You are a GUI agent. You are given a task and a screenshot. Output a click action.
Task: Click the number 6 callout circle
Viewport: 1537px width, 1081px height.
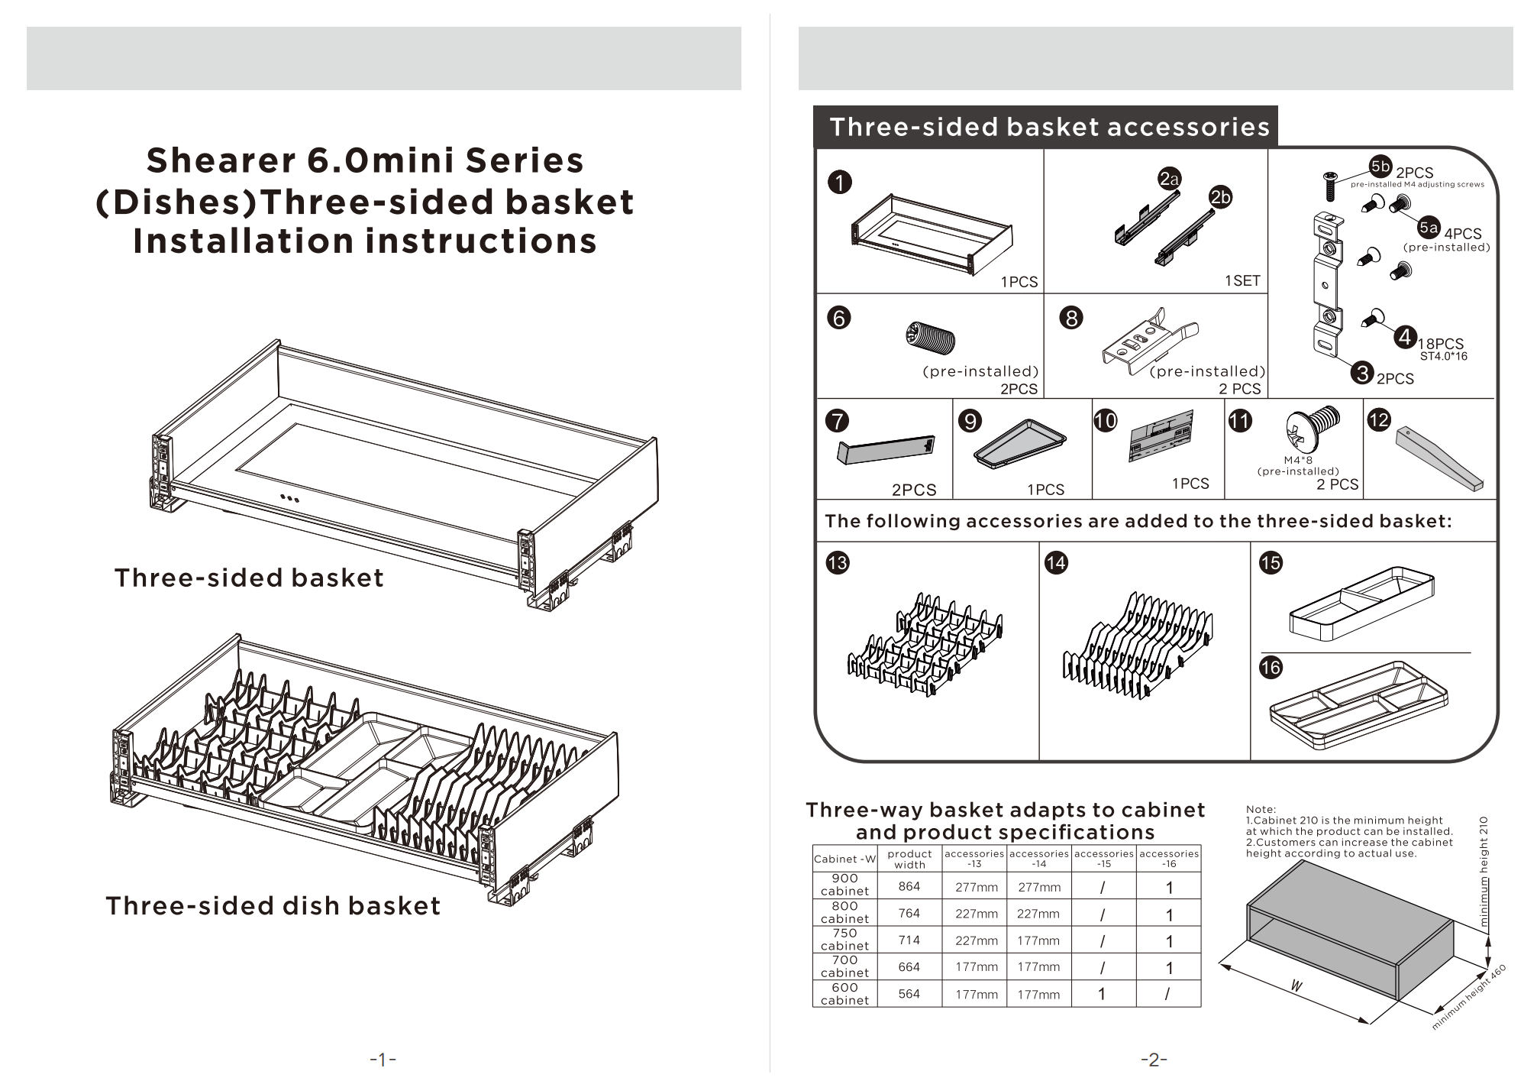(838, 318)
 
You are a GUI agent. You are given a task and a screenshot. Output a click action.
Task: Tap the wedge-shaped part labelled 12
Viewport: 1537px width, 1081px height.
(1439, 460)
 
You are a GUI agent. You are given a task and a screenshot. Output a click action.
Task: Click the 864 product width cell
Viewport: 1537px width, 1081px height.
(909, 886)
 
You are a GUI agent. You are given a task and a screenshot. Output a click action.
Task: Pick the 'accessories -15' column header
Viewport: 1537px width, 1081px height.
(1103, 859)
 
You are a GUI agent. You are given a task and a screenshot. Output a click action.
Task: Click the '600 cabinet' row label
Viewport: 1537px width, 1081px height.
(844, 994)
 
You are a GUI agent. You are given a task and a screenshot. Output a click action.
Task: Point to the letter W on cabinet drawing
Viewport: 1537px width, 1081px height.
(1296, 986)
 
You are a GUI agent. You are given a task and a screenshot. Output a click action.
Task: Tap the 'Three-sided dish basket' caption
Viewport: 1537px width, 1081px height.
(273, 906)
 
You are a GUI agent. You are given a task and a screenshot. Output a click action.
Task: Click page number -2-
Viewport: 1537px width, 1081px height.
(1154, 1060)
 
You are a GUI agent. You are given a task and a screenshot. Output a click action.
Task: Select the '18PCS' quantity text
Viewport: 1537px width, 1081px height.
(1441, 344)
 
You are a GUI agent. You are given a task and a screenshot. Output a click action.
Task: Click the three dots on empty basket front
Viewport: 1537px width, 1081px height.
(289, 499)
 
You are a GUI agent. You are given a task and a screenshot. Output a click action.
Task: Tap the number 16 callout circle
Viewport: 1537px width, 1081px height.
(1271, 668)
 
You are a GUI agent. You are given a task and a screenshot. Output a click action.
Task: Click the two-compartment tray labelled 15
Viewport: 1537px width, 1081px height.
(1361, 603)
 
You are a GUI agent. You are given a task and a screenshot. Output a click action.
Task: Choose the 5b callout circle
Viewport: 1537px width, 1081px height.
(1380, 167)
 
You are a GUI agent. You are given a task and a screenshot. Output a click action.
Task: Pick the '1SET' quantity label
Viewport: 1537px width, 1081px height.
(1242, 280)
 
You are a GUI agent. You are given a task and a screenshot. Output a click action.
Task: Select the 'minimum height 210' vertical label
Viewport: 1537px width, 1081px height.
(1484, 872)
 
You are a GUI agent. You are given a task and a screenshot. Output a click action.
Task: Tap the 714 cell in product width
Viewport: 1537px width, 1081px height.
(909, 940)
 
